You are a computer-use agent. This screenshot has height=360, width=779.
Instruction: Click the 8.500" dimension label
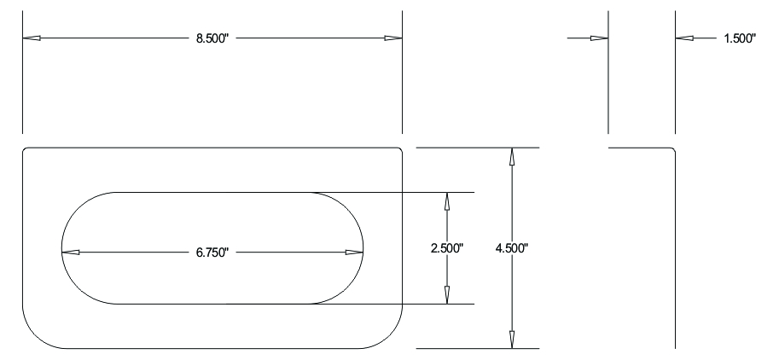pos(213,38)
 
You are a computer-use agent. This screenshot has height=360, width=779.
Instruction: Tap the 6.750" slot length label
pos(213,253)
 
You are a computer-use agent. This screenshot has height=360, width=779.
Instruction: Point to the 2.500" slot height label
pos(446,248)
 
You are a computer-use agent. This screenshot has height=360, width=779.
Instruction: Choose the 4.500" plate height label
pos(513,248)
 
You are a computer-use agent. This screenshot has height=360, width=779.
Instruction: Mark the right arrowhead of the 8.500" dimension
pos(392,38)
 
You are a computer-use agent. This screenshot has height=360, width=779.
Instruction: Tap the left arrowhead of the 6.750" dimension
pos(71,253)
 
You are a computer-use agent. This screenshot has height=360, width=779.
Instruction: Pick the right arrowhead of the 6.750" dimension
pos(354,253)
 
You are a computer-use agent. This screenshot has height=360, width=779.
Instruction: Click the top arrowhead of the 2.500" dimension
pos(446,201)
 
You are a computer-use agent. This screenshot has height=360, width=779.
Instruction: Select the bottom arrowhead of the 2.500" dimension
pos(446,295)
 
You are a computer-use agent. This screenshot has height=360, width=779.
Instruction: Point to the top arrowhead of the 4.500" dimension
pos(512,157)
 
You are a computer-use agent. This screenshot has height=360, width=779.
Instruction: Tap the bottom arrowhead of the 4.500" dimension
pos(512,340)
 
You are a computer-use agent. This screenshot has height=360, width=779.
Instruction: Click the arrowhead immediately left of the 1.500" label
pos(684,38)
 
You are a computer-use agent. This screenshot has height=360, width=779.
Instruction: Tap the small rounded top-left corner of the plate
pos(25,150)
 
